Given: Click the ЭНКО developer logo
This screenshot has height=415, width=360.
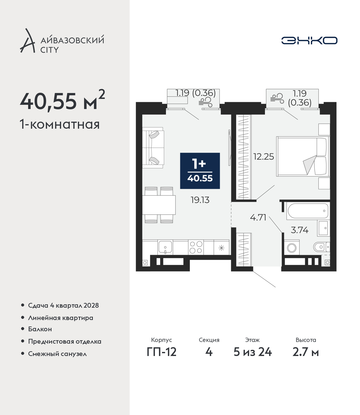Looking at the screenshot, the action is [x=309, y=40].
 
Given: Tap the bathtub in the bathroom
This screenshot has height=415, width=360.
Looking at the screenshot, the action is [x=308, y=211].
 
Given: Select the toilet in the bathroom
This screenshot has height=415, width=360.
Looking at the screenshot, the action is [x=321, y=247].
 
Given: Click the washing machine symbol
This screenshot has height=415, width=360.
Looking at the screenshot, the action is [x=292, y=248].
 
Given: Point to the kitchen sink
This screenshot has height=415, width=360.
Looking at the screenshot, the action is [x=165, y=247].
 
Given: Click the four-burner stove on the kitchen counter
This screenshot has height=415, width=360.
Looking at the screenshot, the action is [x=196, y=247].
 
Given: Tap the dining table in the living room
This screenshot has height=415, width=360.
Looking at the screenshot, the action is [x=159, y=205].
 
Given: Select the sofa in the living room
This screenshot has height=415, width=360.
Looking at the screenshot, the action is [x=153, y=148].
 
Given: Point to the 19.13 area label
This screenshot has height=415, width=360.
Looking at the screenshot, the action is [x=200, y=200].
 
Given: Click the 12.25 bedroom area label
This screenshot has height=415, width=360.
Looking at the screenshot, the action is [x=264, y=157].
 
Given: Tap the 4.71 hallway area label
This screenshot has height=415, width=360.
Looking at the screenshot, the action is [x=258, y=217].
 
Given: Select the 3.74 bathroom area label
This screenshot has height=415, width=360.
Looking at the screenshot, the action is [x=300, y=230].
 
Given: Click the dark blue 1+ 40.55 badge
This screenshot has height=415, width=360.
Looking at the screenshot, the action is [x=200, y=171].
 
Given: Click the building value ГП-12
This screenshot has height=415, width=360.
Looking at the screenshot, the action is [x=162, y=358].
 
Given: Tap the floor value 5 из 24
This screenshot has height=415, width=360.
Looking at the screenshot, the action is [x=253, y=358].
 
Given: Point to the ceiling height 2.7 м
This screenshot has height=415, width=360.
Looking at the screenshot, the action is [x=305, y=358].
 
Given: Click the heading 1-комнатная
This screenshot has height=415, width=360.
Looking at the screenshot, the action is [x=60, y=125].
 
